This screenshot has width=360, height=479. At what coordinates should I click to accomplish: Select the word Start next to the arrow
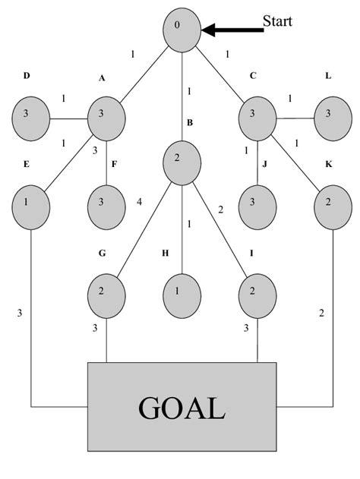coord(277,20)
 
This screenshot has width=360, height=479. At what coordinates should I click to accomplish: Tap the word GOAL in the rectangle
coord(182,408)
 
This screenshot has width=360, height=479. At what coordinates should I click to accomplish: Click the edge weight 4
coord(140,202)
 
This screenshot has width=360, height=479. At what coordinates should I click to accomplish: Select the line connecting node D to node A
coord(68,118)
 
